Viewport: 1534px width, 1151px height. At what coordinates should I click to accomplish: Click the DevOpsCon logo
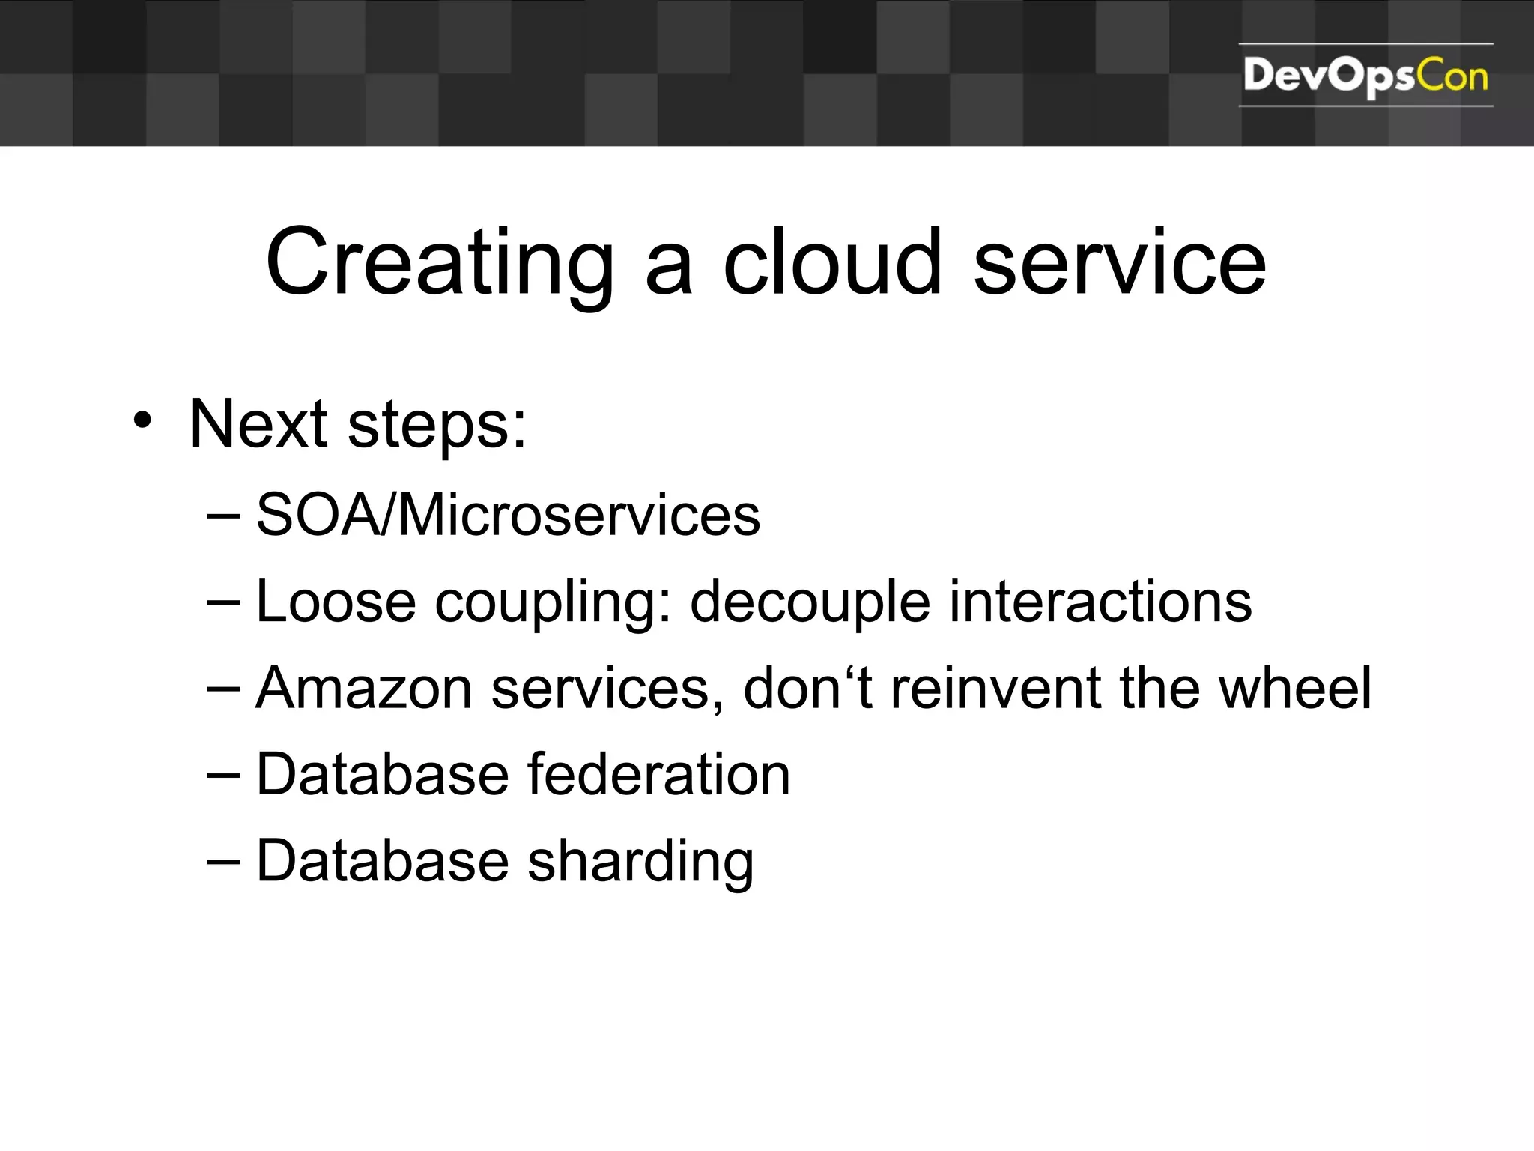(x=1365, y=76)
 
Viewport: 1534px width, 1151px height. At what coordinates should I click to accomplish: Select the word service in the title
(x=1119, y=264)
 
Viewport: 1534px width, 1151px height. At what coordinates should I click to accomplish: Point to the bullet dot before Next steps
(x=142, y=421)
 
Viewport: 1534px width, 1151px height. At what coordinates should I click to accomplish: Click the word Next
(x=258, y=424)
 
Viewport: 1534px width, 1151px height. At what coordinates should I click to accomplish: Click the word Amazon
(x=363, y=688)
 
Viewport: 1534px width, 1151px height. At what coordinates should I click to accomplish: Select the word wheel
(x=1295, y=688)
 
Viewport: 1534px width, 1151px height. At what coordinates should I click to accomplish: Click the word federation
(x=659, y=774)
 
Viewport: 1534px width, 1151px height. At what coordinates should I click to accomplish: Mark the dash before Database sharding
(x=223, y=862)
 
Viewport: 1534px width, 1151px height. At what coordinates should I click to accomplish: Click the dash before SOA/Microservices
(x=223, y=516)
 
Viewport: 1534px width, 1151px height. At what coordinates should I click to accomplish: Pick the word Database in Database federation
(x=383, y=774)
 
